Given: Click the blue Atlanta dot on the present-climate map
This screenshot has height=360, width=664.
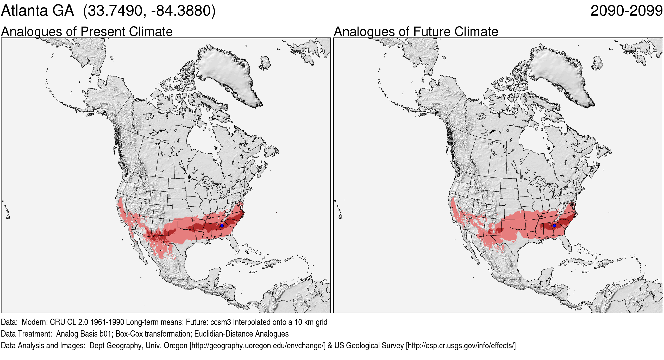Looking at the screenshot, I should [222, 226].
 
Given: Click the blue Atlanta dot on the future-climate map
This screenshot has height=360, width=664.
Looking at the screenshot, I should [554, 226].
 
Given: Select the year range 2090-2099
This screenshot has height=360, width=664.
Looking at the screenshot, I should [626, 11].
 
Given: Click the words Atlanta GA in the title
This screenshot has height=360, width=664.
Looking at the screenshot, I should [37, 11].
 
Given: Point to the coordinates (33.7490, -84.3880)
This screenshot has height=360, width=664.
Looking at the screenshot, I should [149, 11].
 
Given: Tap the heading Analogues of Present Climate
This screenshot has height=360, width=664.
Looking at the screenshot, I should [87, 31].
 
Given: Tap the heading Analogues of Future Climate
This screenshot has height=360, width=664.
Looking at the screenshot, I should [416, 31].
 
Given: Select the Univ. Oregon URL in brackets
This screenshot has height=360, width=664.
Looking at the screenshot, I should [258, 346].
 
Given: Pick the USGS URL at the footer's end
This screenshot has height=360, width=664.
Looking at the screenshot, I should [461, 346].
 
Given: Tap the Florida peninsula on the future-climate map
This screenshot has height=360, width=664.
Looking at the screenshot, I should [568, 243].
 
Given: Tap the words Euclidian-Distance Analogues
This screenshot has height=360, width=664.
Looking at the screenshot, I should [241, 334].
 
